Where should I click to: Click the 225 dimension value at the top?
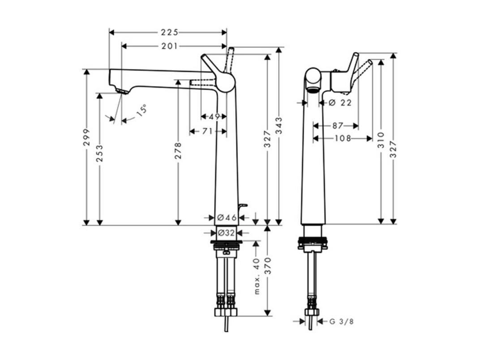(x=169, y=32)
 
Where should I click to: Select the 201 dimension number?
(x=169, y=46)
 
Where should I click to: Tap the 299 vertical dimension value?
(x=87, y=137)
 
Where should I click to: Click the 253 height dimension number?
(x=100, y=154)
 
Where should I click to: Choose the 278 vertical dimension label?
(x=178, y=150)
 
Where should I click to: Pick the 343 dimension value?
(x=279, y=125)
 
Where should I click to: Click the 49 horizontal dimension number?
(x=214, y=116)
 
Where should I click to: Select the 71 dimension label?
(x=207, y=131)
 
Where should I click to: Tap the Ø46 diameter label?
(x=227, y=218)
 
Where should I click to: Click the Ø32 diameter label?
(x=226, y=233)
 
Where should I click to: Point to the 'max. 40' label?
(x=257, y=276)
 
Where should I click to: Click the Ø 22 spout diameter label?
(x=340, y=103)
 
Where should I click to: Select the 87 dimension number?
(x=338, y=126)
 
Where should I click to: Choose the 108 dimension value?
(x=343, y=138)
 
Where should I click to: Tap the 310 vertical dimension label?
(x=381, y=140)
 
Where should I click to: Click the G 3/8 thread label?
(x=342, y=321)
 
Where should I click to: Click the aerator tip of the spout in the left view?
(x=122, y=91)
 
